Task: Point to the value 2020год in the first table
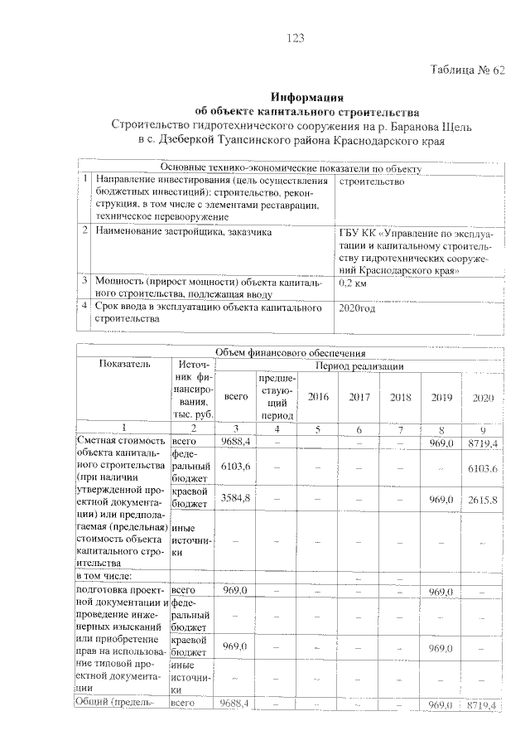click(x=358, y=308)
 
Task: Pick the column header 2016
click(x=318, y=397)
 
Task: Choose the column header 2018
click(x=400, y=397)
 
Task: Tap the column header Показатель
click(x=123, y=363)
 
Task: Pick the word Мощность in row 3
click(x=121, y=282)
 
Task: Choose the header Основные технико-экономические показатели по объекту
click(x=296, y=169)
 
